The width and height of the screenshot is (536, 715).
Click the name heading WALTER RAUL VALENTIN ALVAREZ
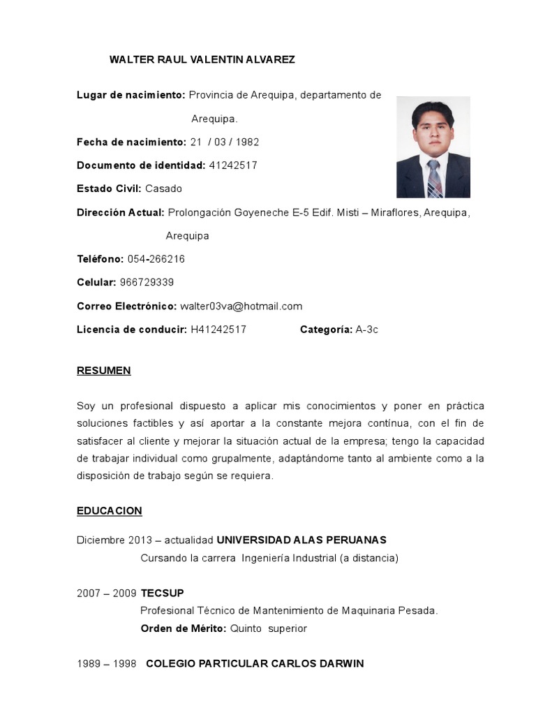pyautogui.click(x=202, y=59)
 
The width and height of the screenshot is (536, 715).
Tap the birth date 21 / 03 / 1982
pyautogui.click(x=224, y=142)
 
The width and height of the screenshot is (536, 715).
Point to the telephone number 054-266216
pyautogui.click(x=156, y=259)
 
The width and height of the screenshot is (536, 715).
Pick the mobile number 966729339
pyautogui.click(x=147, y=282)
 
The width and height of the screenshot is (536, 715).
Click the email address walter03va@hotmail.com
pyautogui.click(x=241, y=306)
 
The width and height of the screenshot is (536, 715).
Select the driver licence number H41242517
pyautogui.click(x=218, y=330)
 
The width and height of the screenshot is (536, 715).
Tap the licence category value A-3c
pyautogui.click(x=366, y=330)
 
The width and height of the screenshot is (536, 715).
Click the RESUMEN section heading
pyautogui.click(x=104, y=371)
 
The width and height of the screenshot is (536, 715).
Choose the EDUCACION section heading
pyautogui.click(x=110, y=511)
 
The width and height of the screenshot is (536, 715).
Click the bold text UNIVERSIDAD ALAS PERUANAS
pyautogui.click(x=301, y=540)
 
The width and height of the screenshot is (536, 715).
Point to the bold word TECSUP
pyautogui.click(x=163, y=594)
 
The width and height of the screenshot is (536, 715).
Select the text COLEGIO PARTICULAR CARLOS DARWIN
pyautogui.click(x=255, y=663)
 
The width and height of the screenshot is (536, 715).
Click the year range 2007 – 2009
pyautogui.click(x=106, y=594)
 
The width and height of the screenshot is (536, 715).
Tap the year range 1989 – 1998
pyautogui.click(x=106, y=663)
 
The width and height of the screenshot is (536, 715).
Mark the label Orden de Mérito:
pyautogui.click(x=184, y=628)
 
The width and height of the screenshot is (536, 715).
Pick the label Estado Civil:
pyautogui.click(x=109, y=189)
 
